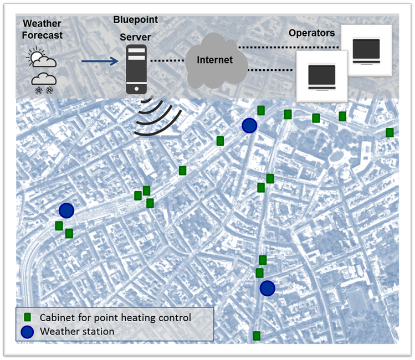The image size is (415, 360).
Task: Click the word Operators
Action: click(311, 33)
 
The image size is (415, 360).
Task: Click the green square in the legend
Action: click(27, 318)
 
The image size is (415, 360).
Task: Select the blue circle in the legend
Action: click(27, 331)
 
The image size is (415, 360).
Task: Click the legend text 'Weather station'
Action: click(77, 331)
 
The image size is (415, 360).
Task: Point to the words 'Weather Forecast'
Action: click(43, 30)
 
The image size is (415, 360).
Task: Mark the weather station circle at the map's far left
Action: click(66, 210)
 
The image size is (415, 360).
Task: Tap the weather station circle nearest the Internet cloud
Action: click(250, 126)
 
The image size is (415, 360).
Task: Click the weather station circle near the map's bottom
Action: click(268, 289)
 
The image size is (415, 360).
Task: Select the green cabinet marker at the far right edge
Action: click(390, 132)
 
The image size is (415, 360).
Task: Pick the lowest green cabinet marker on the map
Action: click(257, 336)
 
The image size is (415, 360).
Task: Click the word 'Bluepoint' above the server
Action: click(135, 20)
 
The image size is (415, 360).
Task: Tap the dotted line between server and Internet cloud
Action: click(166, 60)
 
